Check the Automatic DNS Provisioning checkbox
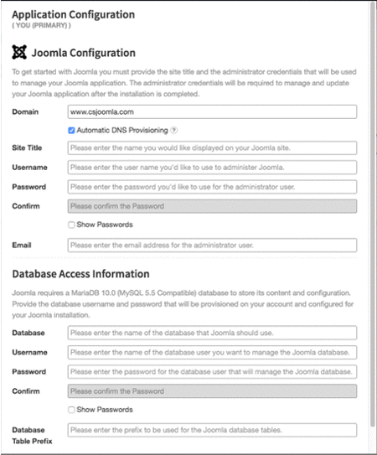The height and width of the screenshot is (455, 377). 71,131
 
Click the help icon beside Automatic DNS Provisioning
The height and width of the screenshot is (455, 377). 174,131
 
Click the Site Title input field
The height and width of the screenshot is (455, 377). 212,148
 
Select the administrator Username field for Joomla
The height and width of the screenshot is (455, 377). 212,168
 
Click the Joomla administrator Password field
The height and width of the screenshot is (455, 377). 212,187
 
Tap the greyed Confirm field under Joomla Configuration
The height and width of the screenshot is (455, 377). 212,206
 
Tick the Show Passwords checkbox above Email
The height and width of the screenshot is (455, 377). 71,225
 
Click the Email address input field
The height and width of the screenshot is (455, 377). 212,246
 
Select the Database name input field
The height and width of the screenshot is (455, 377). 212,333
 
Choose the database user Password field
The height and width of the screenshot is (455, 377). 212,371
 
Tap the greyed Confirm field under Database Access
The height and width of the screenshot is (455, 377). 212,390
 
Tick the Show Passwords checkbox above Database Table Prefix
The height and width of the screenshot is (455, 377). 71,410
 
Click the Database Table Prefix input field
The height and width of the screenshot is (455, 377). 212,430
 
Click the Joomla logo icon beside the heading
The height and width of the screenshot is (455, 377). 19,53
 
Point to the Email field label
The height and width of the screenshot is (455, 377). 23,246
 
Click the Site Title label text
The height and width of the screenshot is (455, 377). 28,148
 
